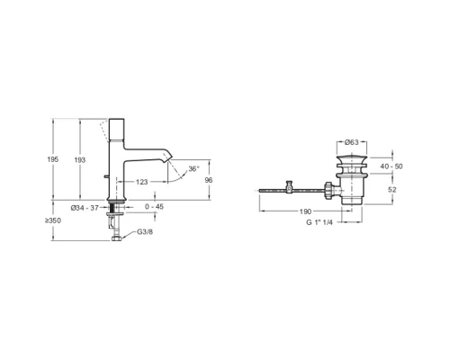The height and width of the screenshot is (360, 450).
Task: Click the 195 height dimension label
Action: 53,159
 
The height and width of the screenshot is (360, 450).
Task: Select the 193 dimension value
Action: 80,160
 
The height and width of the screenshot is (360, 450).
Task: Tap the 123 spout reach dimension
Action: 141,182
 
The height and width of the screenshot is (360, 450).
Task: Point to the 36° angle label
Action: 193,169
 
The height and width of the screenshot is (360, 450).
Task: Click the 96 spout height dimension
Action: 209,180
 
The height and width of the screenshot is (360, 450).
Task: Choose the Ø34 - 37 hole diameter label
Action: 85,208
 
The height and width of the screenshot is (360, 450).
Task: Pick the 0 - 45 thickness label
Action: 154,207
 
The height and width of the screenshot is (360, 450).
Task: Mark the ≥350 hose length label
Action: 53,220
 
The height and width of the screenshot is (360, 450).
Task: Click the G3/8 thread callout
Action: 145,232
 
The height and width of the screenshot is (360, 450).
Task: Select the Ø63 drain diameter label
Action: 352,142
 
